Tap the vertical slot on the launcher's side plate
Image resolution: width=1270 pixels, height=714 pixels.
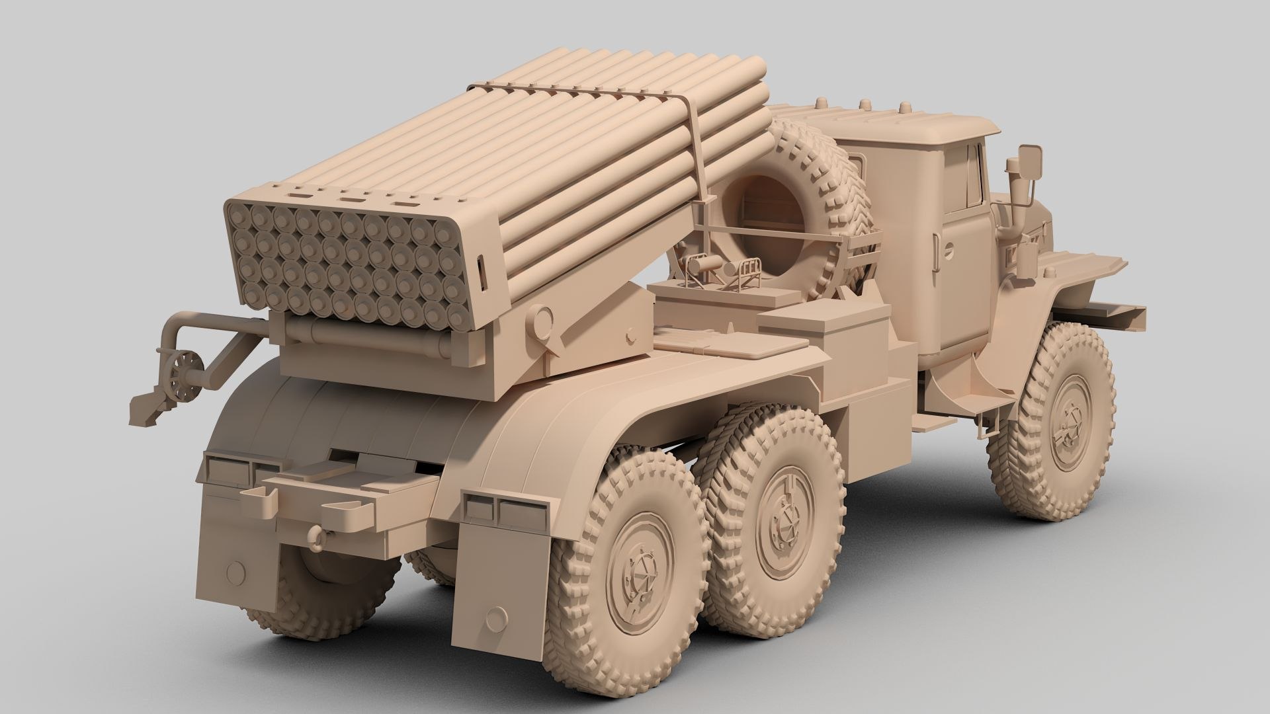[x=481, y=272]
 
